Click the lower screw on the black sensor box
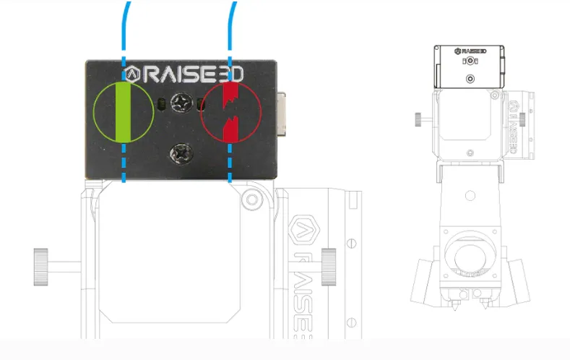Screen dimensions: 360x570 tap(178, 153)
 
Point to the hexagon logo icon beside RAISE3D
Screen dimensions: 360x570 tap(132, 73)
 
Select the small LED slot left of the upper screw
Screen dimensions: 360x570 tap(162, 105)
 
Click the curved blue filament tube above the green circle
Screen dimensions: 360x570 tap(126, 22)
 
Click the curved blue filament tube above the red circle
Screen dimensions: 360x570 tap(232, 22)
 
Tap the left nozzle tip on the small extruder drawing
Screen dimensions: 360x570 tap(455, 307)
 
